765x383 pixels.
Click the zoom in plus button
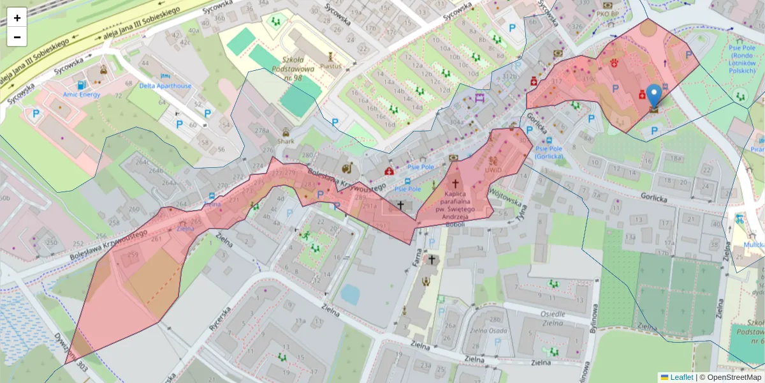pyautogui.click(x=17, y=18)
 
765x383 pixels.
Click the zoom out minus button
pyautogui.click(x=17, y=37)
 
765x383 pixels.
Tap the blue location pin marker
pyautogui.click(x=654, y=96)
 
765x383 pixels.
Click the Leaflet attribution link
pyautogui.click(x=681, y=377)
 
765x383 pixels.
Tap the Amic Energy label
pyautogui.click(x=82, y=94)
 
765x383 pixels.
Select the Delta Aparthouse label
pyautogui.click(x=165, y=86)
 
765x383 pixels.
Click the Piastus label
pyautogui.click(x=331, y=65)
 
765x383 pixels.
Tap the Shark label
pyautogui.click(x=285, y=142)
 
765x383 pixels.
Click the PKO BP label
pyautogui.click(x=608, y=13)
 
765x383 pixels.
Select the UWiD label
pyautogui.click(x=493, y=170)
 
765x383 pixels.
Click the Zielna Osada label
pyautogui.click(x=488, y=331)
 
